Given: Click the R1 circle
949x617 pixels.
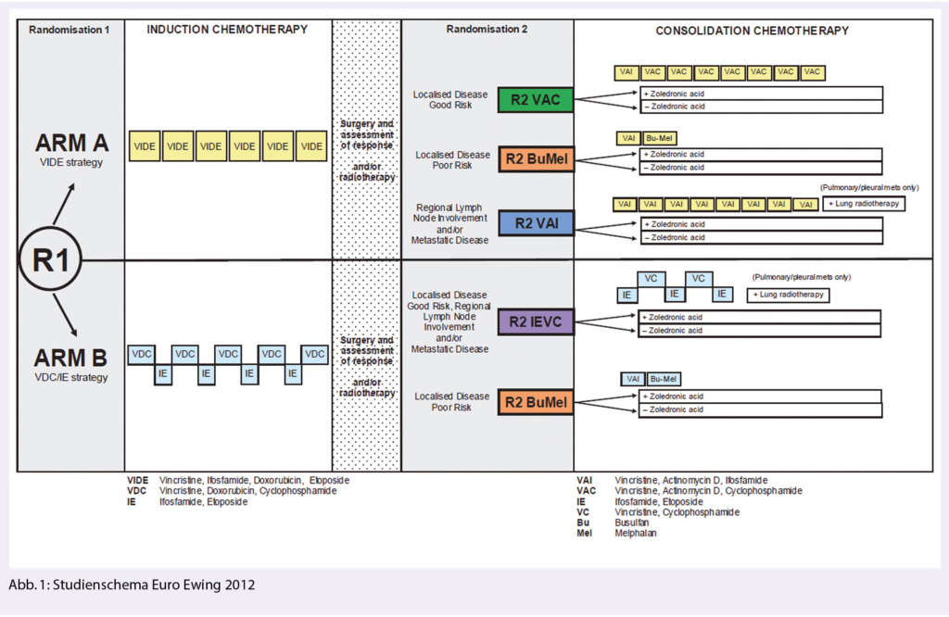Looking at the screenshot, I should (x=51, y=260).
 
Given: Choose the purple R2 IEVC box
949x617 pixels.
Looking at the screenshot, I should (x=536, y=322).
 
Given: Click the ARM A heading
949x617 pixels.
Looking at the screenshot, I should (x=72, y=144).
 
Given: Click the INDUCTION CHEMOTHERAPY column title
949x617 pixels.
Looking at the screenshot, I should (x=227, y=30).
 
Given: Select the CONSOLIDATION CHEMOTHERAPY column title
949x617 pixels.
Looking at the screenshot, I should (x=752, y=31).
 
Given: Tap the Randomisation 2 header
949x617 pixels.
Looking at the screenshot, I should (x=487, y=30).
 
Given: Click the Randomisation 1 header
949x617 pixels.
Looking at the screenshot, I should (x=70, y=30).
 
